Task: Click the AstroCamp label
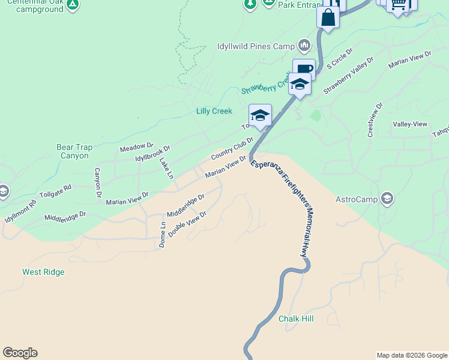click(356, 200)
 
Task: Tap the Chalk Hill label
click(296, 319)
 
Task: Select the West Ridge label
click(43, 272)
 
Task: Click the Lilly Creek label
click(214, 111)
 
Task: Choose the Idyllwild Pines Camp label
click(256, 46)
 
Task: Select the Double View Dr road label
click(187, 223)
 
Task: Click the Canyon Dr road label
click(98, 183)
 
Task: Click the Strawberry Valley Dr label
click(349, 75)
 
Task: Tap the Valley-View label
click(410, 124)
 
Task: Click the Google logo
click(20, 352)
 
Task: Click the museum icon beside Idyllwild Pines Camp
click(304, 46)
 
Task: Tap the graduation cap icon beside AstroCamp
click(387, 199)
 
